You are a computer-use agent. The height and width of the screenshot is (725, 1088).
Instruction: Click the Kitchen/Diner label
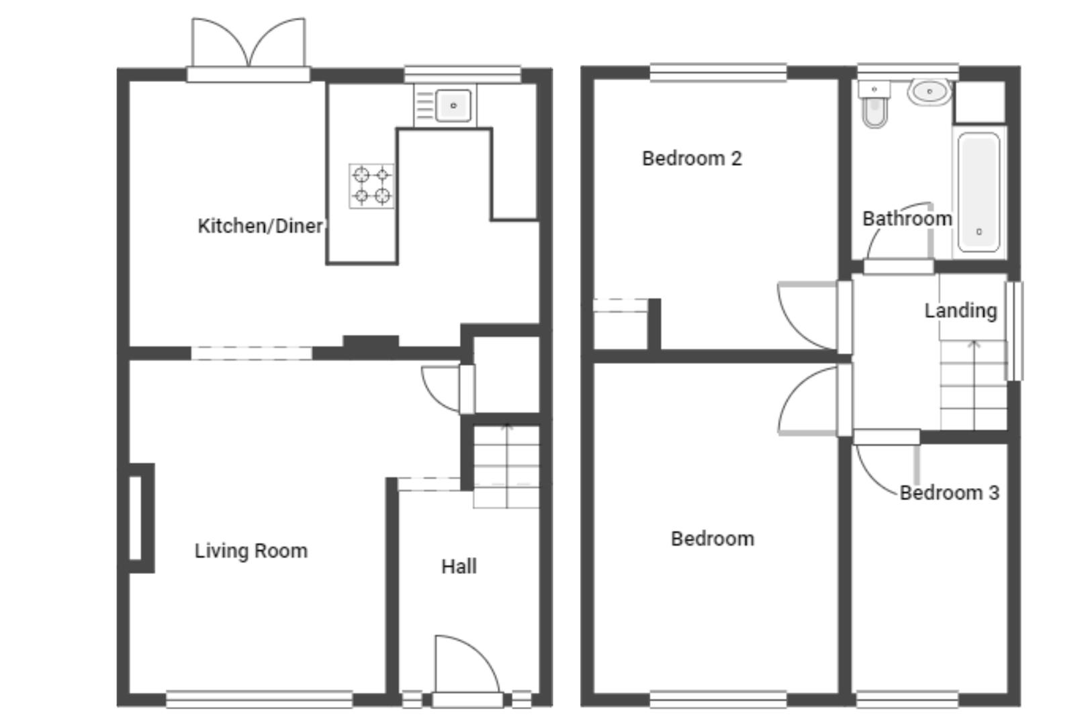pyautogui.click(x=261, y=226)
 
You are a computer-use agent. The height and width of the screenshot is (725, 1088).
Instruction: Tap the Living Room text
pyautogui.click(x=251, y=551)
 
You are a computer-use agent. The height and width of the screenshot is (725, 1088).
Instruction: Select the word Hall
pyautogui.click(x=459, y=566)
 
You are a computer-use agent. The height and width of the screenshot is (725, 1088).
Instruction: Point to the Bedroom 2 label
pyautogui.click(x=692, y=158)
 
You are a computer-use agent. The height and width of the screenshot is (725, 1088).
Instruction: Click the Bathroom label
pyautogui.click(x=907, y=219)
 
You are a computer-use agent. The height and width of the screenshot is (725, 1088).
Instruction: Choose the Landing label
pyautogui.click(x=960, y=311)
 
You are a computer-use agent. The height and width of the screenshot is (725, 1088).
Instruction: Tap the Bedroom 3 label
pyautogui.click(x=950, y=493)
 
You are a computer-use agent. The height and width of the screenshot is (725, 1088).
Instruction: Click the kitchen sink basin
pyautogui.click(x=453, y=105)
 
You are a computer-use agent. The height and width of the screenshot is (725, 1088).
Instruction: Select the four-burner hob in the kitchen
pyautogui.click(x=371, y=186)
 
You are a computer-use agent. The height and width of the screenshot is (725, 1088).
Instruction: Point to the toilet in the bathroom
pyautogui.click(x=874, y=105)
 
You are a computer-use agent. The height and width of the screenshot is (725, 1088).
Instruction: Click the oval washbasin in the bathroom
pyautogui.click(x=930, y=92)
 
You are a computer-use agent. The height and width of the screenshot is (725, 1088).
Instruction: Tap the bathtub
pyautogui.click(x=979, y=192)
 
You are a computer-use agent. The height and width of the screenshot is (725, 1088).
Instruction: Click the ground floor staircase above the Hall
pyautogui.click(x=506, y=467)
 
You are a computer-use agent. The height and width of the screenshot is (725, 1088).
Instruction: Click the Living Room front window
pyautogui.click(x=259, y=699)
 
